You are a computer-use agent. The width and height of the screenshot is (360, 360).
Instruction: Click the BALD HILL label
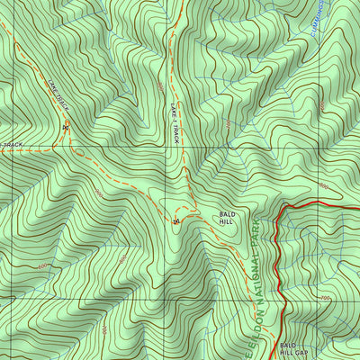click(226, 216)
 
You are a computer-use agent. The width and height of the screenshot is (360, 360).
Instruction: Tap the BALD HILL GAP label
click(292, 349)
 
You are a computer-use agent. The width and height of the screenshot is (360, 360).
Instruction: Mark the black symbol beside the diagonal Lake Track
click(65, 127)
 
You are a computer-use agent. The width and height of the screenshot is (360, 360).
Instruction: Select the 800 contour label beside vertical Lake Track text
click(159, 87)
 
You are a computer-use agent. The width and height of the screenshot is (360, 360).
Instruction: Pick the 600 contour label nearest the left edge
click(41, 266)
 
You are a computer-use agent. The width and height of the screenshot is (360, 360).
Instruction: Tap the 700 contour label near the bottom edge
click(103, 330)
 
